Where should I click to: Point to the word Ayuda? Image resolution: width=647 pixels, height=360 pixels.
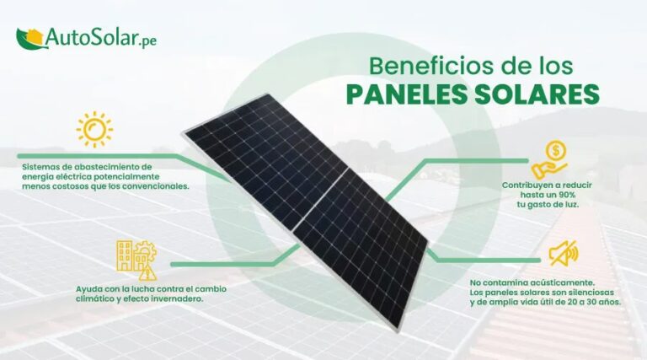click(x=89, y=289)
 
